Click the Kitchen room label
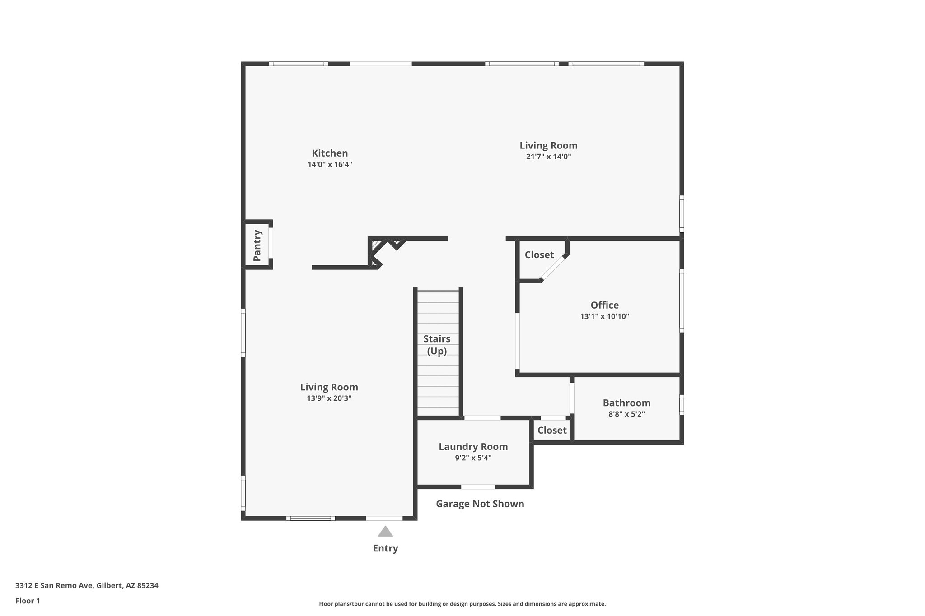(x=330, y=153)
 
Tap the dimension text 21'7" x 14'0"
(x=548, y=157)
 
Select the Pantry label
(x=257, y=245)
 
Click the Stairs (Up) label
(x=437, y=345)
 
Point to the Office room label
(x=604, y=305)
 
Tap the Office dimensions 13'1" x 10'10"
(x=604, y=317)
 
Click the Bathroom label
(x=626, y=403)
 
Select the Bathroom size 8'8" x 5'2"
(x=626, y=414)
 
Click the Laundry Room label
(x=473, y=447)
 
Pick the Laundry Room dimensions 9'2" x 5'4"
(x=473, y=458)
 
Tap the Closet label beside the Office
(x=539, y=255)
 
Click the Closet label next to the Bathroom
(x=551, y=431)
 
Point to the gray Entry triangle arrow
(x=385, y=532)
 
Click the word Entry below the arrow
(x=385, y=548)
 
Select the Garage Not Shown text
(x=480, y=504)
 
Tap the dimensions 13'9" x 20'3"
(x=329, y=398)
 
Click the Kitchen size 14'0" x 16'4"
(x=330, y=165)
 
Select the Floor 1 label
(x=28, y=601)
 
